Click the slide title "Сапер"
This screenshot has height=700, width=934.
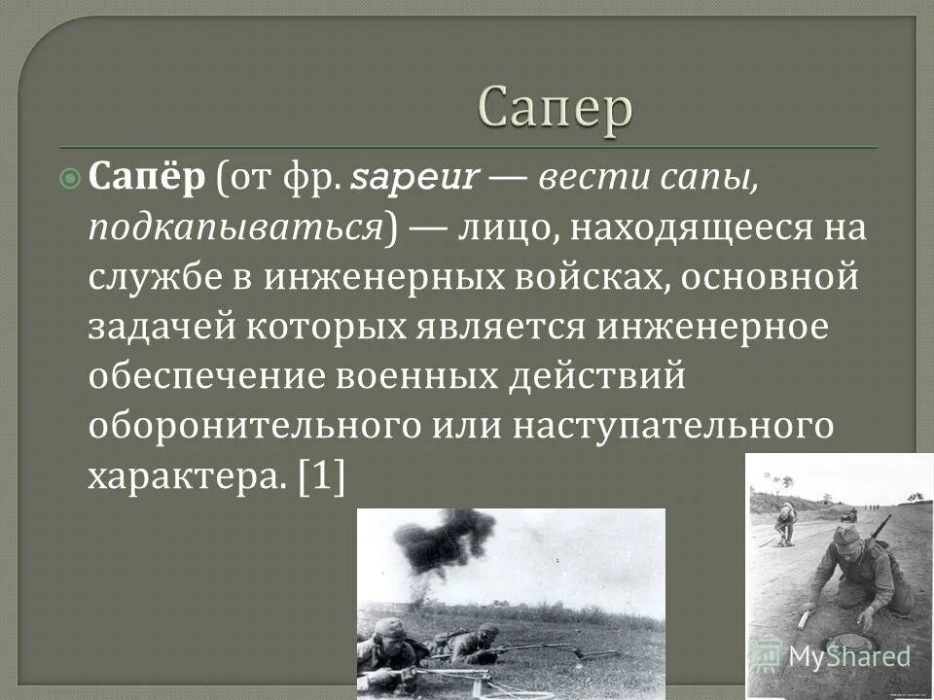[556, 107]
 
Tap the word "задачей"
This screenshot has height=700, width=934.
[161, 327]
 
